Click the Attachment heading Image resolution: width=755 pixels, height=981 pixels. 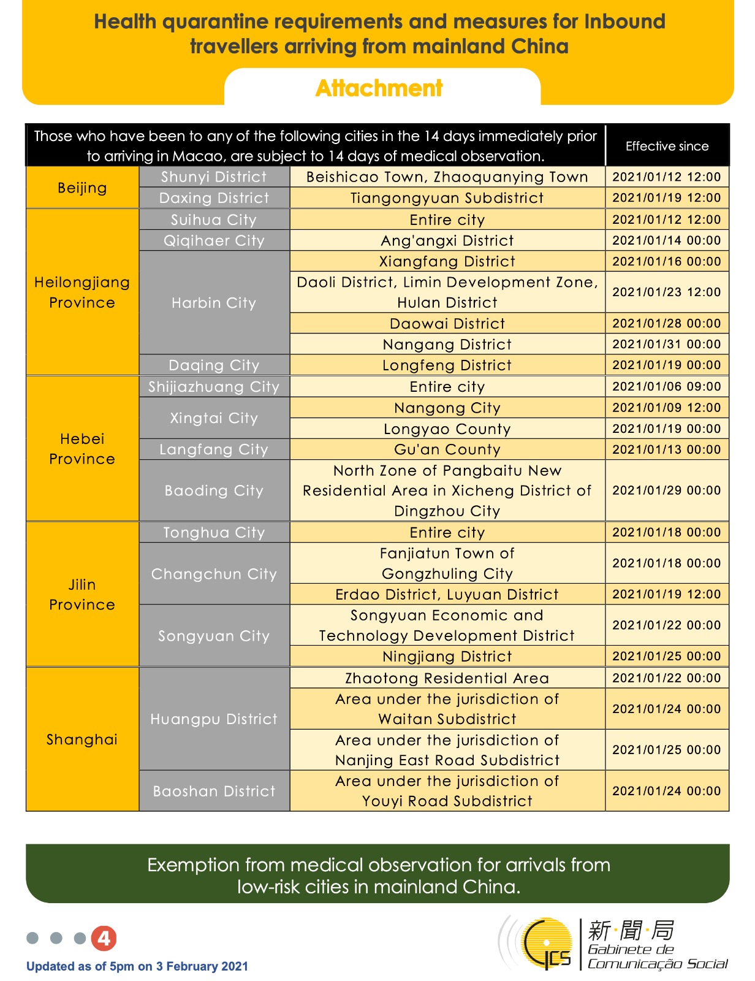click(x=379, y=88)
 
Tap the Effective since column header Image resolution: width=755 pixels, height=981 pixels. click(x=667, y=146)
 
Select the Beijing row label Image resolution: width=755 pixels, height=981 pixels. click(x=82, y=188)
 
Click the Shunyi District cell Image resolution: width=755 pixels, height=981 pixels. click(x=214, y=177)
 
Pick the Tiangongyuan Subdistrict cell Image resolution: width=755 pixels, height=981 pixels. click(x=447, y=198)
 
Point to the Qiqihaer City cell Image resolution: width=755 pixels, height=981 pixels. click(x=214, y=240)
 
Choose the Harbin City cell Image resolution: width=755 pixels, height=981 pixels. click(x=214, y=303)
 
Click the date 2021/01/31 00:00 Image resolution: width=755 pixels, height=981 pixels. click(x=667, y=344)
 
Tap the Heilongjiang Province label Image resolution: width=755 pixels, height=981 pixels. click(x=82, y=292)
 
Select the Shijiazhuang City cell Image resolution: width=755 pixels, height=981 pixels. click(x=214, y=387)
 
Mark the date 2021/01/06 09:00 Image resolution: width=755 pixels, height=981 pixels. click(x=667, y=387)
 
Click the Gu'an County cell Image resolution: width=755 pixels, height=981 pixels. click(x=447, y=449)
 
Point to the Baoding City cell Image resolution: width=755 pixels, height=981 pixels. click(x=214, y=490)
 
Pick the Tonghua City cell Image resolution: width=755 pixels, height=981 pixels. click(x=214, y=532)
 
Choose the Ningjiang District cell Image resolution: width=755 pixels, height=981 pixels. click(x=447, y=657)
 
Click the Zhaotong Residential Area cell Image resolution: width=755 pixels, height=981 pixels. click(x=447, y=678)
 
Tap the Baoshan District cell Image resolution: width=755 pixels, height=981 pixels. click(x=214, y=791)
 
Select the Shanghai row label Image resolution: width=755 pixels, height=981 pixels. click(x=82, y=739)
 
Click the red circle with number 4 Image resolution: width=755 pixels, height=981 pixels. click(x=104, y=938)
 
